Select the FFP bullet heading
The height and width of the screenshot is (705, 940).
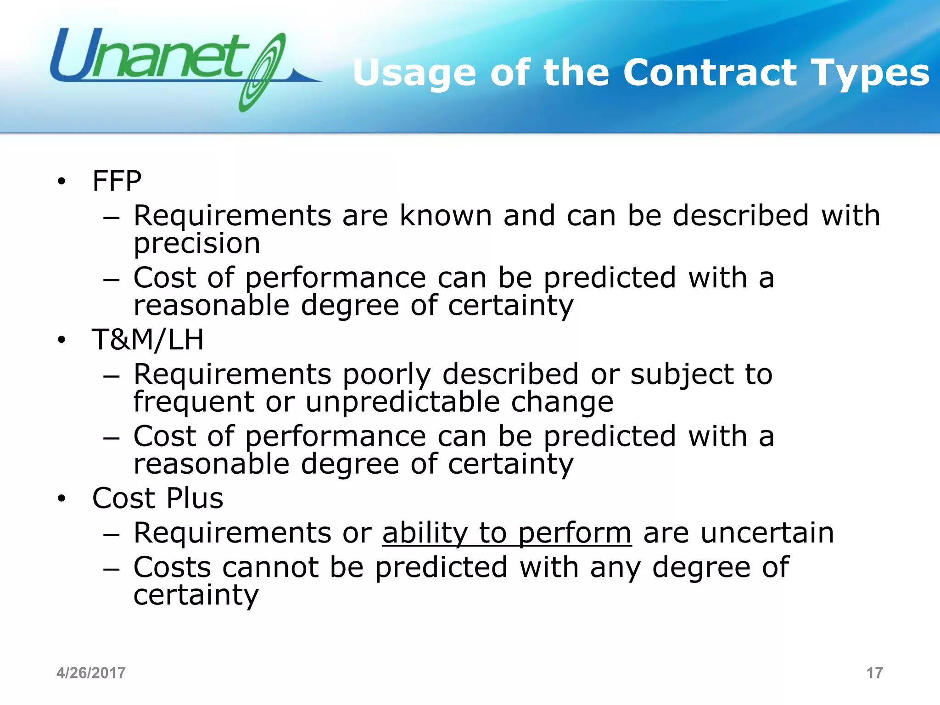click(117, 181)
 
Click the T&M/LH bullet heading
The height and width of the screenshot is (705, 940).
click(148, 340)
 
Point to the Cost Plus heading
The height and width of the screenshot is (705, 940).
click(157, 498)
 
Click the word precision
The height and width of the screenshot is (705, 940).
click(197, 243)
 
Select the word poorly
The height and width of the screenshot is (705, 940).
click(386, 374)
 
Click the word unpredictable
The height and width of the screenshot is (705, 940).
click(403, 402)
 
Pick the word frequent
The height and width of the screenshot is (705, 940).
click(194, 402)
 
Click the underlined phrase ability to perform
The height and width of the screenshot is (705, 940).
click(507, 533)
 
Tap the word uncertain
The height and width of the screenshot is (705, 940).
click(767, 533)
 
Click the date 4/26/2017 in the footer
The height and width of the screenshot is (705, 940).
click(91, 673)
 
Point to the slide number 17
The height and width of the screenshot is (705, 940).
click(874, 673)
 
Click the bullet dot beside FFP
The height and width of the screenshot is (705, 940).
click(62, 182)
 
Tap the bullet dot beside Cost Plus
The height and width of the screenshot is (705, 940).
click(62, 499)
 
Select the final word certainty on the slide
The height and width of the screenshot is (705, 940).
click(196, 595)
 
